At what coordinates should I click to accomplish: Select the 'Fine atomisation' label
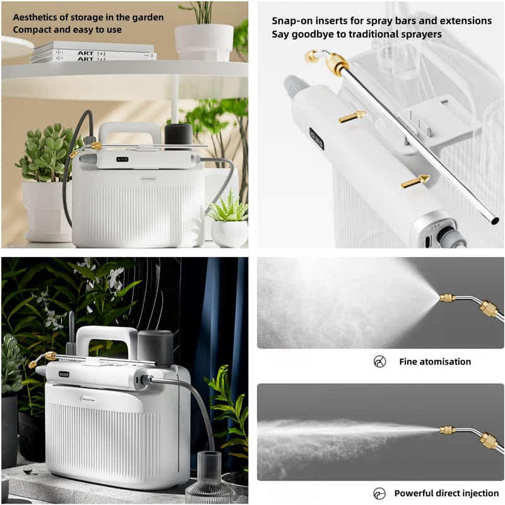click(x=434, y=362)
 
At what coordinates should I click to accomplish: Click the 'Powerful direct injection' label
click(x=446, y=493)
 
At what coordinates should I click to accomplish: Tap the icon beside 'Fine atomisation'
click(x=379, y=362)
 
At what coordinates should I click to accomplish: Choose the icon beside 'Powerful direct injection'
click(x=379, y=493)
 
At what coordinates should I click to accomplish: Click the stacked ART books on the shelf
click(x=93, y=52)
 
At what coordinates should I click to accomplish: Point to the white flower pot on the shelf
click(x=204, y=42)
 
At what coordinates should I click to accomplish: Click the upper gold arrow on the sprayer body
click(x=352, y=116)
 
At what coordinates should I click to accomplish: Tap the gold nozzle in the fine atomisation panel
click(x=447, y=298)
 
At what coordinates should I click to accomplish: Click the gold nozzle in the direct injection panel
click(x=447, y=430)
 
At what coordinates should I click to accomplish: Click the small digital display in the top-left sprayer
click(x=122, y=159)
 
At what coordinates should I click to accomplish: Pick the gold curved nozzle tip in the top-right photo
click(x=312, y=56)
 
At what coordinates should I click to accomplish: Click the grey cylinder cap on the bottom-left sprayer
click(x=155, y=347)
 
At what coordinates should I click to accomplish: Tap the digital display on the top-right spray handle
click(x=316, y=139)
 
